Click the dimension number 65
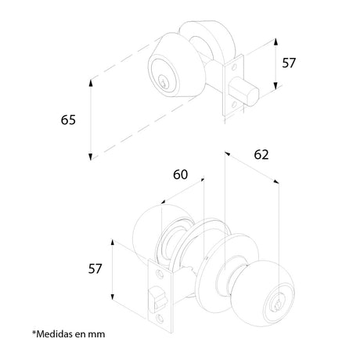(x=68, y=120)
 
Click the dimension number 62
(x=261, y=155)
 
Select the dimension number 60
(x=180, y=175)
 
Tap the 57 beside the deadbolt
(x=289, y=63)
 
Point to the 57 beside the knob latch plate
(x=95, y=269)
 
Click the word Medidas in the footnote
(x=54, y=334)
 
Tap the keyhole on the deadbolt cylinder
(x=164, y=81)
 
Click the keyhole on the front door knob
(x=278, y=304)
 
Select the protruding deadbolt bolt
(x=244, y=92)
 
